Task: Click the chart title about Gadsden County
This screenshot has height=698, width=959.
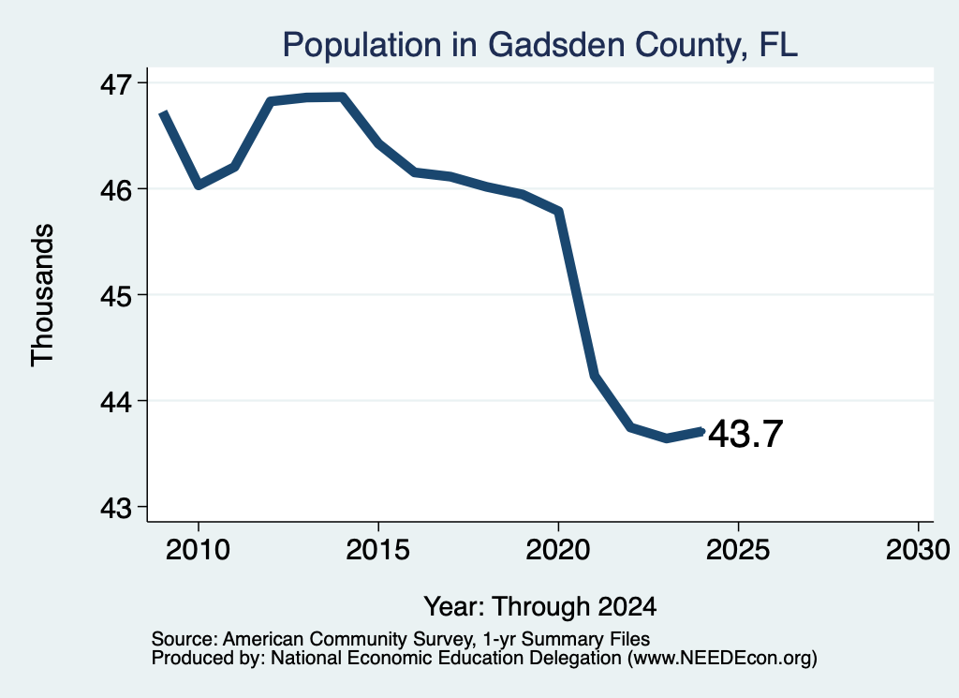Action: pos(540,45)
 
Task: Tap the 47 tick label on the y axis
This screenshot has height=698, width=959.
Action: pos(116,83)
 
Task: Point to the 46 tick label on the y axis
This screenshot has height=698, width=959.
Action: pos(116,190)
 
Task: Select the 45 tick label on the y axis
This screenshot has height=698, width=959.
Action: pos(116,296)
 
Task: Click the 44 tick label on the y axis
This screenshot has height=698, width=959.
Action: pos(116,402)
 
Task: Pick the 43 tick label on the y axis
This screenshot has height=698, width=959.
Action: pos(116,508)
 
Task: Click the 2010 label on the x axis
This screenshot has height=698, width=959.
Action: pos(198,550)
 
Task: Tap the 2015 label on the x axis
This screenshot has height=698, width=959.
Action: pos(378,550)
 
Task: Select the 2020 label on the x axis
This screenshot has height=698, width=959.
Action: pos(558,550)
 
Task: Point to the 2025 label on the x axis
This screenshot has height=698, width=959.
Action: pos(738,550)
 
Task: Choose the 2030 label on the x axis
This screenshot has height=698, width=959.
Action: pos(918,550)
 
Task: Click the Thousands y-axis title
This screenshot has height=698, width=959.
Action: pos(42,295)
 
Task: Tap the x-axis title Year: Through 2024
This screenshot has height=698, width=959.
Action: pos(540,606)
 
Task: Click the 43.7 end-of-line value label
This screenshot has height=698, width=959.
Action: pos(745,434)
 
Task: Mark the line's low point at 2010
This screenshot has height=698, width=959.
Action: pos(199,185)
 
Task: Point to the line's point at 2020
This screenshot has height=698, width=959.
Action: pos(558,211)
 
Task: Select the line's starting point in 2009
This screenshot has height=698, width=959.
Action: pos(162,113)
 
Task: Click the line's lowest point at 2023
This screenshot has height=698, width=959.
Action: pos(667,438)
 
